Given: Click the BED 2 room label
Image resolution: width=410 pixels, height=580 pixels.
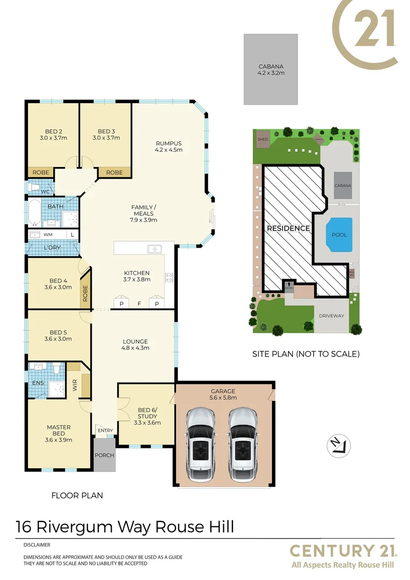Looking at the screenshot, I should [x=53, y=134].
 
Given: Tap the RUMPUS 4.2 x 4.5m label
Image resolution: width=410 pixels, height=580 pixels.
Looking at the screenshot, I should [x=169, y=147].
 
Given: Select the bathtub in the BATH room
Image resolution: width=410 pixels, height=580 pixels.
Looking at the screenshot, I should [x=35, y=213].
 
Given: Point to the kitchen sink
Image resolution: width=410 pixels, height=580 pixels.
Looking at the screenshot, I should [x=155, y=249].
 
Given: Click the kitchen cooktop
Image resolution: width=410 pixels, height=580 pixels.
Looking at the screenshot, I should [x=169, y=278].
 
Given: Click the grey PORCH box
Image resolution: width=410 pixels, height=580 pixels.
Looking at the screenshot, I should [x=104, y=455].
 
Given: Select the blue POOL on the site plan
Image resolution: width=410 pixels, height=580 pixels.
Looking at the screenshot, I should [x=339, y=235].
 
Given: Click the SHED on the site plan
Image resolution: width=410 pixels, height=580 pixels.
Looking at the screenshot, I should [x=262, y=138].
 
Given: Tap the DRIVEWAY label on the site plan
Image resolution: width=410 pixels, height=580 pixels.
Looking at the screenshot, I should [x=331, y=316].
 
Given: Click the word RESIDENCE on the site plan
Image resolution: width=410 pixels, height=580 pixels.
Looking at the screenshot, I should [x=289, y=228].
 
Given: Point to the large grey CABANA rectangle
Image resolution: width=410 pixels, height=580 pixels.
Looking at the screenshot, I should [x=270, y=69].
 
